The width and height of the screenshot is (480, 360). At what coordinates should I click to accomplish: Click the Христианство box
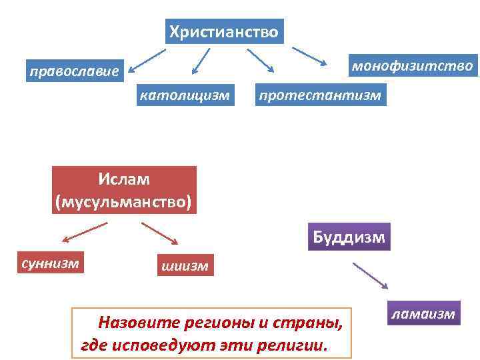coord(224,31)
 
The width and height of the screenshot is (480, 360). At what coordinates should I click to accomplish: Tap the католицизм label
coord(184,95)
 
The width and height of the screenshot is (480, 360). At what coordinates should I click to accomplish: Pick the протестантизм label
coord(320,95)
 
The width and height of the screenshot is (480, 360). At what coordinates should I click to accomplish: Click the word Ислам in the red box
coord(125,179)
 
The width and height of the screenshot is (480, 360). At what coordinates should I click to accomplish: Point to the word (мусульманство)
coord(125,200)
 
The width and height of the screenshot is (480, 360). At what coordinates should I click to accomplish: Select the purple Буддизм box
coord(349,237)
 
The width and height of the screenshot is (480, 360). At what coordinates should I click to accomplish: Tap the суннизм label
coord(51,263)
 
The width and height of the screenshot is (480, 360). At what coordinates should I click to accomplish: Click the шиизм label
coord(185,266)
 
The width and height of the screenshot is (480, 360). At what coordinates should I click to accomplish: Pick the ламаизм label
coord(424,313)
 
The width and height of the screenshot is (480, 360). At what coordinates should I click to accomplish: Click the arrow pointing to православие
coord(148,58)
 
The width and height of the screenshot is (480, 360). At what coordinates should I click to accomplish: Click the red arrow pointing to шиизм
coord(159,234)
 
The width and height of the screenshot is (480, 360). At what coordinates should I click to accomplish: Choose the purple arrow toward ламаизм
coord(371,275)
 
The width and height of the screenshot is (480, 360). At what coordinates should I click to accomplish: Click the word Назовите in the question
coord(131,323)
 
